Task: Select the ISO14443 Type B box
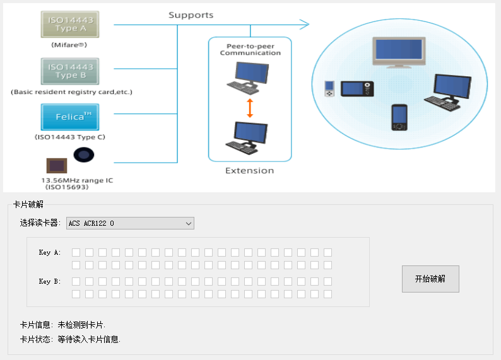70,71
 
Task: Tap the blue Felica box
70,117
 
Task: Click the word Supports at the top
191,15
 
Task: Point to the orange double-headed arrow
250,108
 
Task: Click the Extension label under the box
250,171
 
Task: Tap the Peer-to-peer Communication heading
250,49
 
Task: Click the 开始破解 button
430,279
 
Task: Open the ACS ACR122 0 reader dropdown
130,223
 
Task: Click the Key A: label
50,253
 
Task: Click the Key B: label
50,281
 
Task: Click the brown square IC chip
56,166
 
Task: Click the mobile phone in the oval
399,118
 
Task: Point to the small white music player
329,89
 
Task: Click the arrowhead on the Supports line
305,25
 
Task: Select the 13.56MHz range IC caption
77,181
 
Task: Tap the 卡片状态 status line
70,339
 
